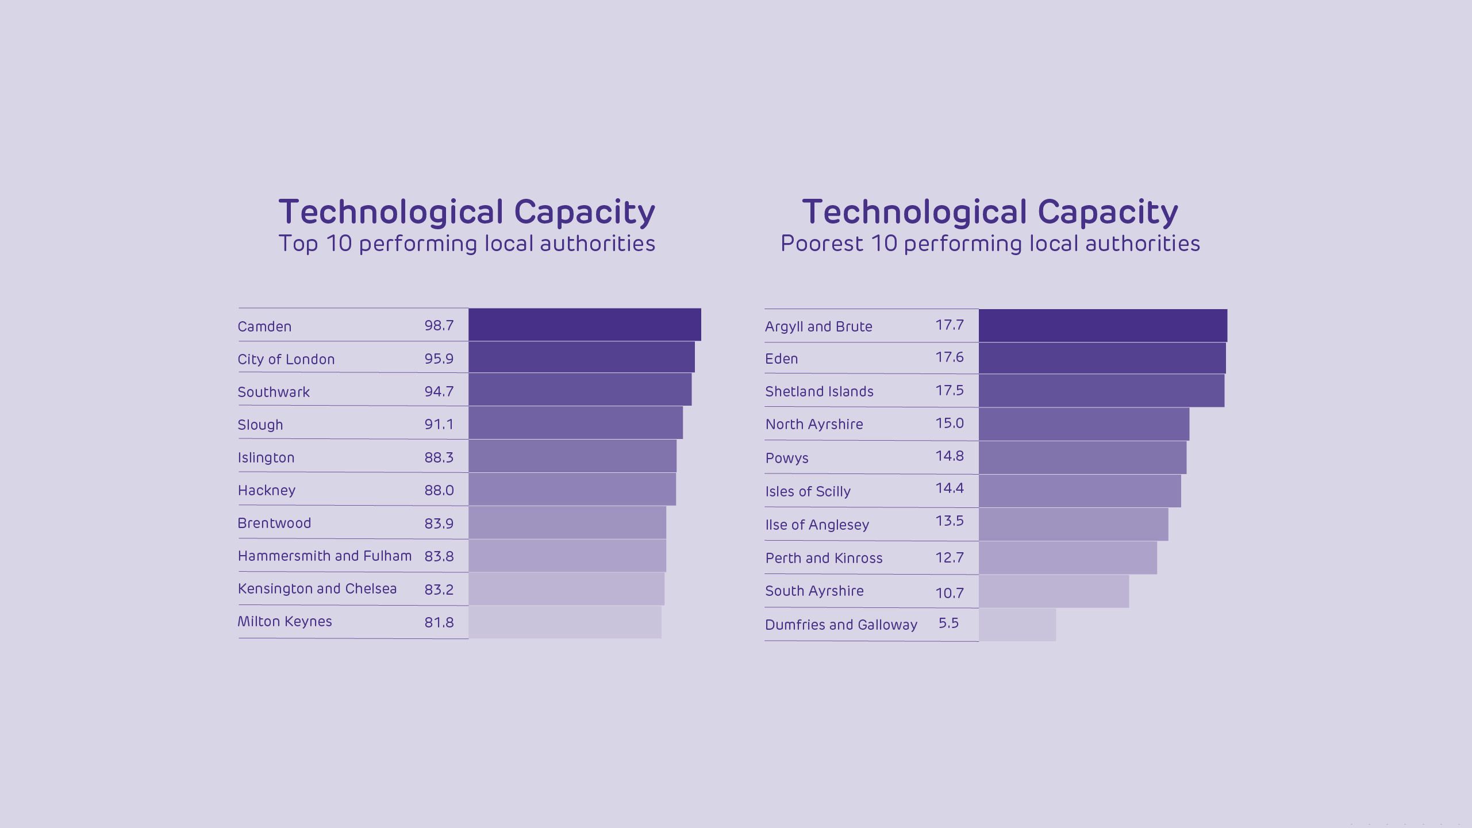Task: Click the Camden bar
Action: pyautogui.click(x=585, y=324)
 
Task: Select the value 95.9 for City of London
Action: pyautogui.click(x=439, y=359)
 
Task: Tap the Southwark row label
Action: pyautogui.click(x=274, y=392)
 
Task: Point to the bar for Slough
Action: pyautogui.click(x=575, y=423)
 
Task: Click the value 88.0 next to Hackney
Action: pyautogui.click(x=439, y=490)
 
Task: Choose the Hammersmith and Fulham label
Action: pyautogui.click(x=325, y=556)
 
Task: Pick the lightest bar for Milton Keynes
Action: pyautogui.click(x=564, y=622)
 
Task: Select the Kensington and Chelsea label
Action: pyautogui.click(x=317, y=588)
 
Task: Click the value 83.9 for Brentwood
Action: pyautogui.click(x=439, y=523)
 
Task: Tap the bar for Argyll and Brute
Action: pyautogui.click(x=1102, y=325)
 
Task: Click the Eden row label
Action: pyautogui.click(x=782, y=359)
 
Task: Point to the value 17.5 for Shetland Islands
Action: pyautogui.click(x=950, y=390)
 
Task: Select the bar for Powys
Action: pyautogui.click(x=1082, y=457)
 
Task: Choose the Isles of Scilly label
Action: pyautogui.click(x=808, y=491)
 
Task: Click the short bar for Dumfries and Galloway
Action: pyautogui.click(x=1017, y=625)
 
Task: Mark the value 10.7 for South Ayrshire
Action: pyautogui.click(x=950, y=592)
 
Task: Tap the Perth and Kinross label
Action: pyautogui.click(x=824, y=558)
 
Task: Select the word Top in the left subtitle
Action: pyautogui.click(x=298, y=244)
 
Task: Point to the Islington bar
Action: pyautogui.click(x=572, y=456)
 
